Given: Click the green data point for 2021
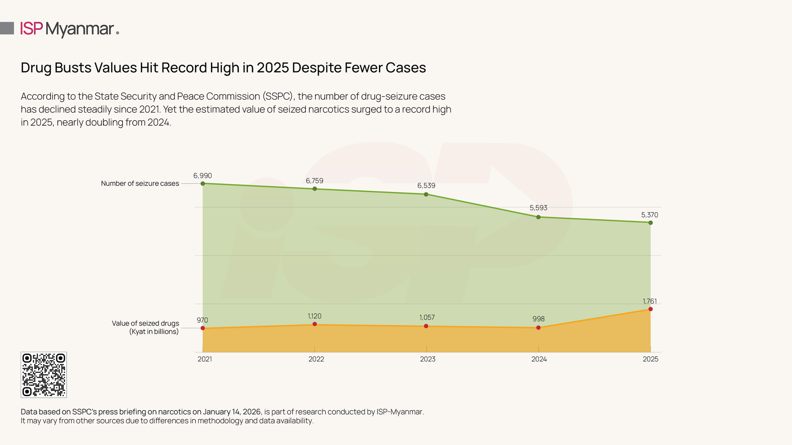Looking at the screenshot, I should pyautogui.click(x=203, y=184).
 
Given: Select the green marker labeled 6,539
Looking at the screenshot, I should pyautogui.click(x=426, y=194).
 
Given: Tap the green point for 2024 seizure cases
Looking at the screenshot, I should pyautogui.click(x=538, y=217).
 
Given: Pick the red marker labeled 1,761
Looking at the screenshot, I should pyautogui.click(x=651, y=309).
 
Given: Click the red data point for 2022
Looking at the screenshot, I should pyautogui.click(x=315, y=324).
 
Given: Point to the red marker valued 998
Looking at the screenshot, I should pyautogui.click(x=538, y=328).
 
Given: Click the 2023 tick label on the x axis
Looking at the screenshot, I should pyautogui.click(x=428, y=359).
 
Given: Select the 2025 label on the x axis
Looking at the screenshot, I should pyautogui.click(x=650, y=359).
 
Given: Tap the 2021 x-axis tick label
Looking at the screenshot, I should pyautogui.click(x=205, y=359).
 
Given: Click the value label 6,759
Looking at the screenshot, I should pyautogui.click(x=314, y=181).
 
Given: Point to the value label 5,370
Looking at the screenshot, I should pyautogui.click(x=649, y=215).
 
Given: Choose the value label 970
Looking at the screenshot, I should pyautogui.click(x=202, y=320).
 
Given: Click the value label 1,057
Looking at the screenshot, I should pyautogui.click(x=427, y=317).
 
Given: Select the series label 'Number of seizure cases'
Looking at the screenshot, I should pyautogui.click(x=140, y=184).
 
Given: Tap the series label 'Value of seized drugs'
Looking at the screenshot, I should pyautogui.click(x=145, y=324).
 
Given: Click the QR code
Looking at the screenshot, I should pyautogui.click(x=44, y=375).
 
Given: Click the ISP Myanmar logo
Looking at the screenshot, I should pyautogui.click(x=70, y=29).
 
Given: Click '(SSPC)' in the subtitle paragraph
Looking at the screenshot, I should pyautogui.click(x=278, y=96).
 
